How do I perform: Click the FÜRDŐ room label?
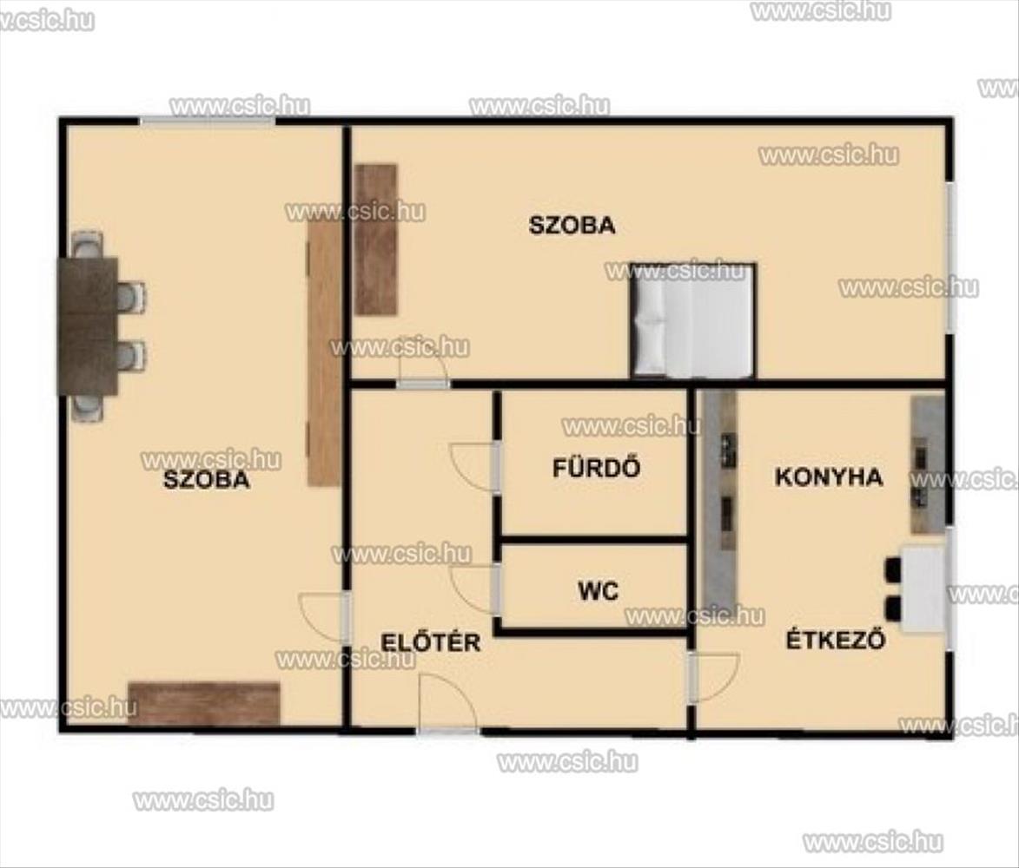coord(596,468)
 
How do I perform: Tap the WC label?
coord(598,591)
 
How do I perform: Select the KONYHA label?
coord(829,477)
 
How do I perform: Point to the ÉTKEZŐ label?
coord(836,640)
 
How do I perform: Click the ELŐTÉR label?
coord(431,642)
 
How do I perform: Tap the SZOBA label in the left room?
coord(207,480)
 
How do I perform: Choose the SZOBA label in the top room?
coord(572,226)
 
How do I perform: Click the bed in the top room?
coord(692,320)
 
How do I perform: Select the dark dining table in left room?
coord(89,325)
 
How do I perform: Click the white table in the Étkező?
coord(922,589)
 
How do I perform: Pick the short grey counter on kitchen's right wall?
coord(928,465)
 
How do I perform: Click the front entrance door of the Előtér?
coord(447,704)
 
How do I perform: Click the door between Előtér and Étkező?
coord(713,678)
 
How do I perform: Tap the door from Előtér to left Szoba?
coord(325,618)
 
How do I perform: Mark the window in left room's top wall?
coord(208,121)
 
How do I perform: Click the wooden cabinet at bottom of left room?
coord(204,703)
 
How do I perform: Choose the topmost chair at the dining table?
coord(87,245)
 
